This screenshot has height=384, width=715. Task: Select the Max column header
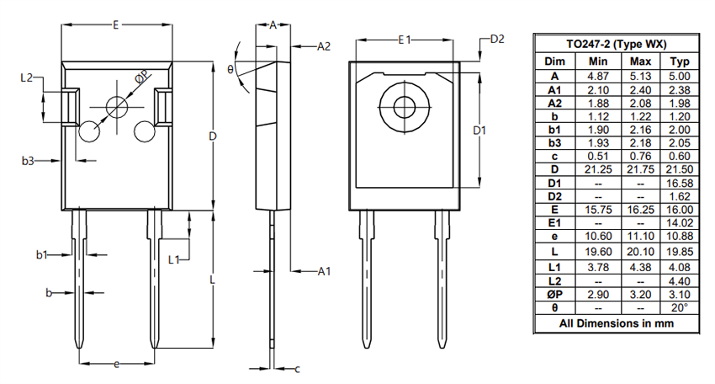640,61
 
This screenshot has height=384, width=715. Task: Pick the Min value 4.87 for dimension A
598,76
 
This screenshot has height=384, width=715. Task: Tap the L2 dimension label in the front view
26,77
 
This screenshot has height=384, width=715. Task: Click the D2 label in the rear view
496,40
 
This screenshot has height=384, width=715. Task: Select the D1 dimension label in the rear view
480,131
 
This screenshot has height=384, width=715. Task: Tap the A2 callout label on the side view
324,46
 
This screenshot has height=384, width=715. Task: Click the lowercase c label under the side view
297,369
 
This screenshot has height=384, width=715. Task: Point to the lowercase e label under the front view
116,364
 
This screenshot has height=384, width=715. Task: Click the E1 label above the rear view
405,40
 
